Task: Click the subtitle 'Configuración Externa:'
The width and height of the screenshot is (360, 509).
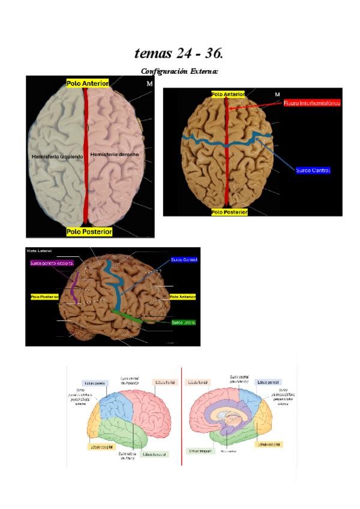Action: point(179,71)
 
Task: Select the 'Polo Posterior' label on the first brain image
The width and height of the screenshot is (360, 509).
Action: point(89,231)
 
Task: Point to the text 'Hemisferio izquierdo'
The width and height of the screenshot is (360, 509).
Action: point(56,156)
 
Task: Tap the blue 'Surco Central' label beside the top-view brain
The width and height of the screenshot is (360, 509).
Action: point(313,170)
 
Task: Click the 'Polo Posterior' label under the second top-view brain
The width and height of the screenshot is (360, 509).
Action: point(230,212)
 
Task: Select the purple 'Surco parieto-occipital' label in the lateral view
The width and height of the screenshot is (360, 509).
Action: point(52,263)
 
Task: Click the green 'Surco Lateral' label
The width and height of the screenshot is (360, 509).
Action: point(183,322)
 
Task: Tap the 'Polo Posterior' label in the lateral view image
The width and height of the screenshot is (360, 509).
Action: point(44,297)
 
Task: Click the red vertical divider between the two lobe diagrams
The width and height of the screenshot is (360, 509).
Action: point(181,417)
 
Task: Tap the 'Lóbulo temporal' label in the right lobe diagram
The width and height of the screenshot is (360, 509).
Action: point(200,451)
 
